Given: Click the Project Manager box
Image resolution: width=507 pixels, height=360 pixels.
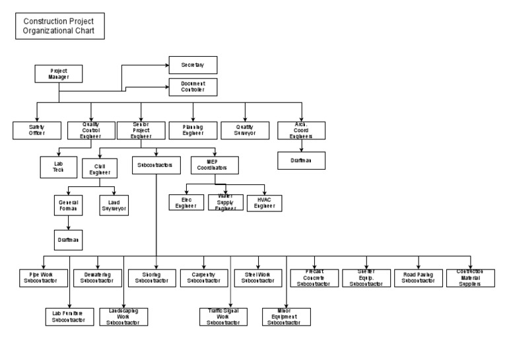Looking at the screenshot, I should click(59, 73).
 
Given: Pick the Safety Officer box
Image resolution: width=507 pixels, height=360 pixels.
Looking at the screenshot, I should click(36, 129).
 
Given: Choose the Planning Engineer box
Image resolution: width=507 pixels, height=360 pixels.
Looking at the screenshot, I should click(192, 129).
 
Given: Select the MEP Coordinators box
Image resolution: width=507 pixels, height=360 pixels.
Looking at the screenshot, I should click(214, 164).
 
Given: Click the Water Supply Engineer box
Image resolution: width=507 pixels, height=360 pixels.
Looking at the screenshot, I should click(226, 203).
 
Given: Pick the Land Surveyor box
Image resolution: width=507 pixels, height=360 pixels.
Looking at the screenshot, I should click(113, 206).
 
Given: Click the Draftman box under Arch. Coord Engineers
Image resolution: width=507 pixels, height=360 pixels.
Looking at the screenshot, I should click(300, 161).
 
